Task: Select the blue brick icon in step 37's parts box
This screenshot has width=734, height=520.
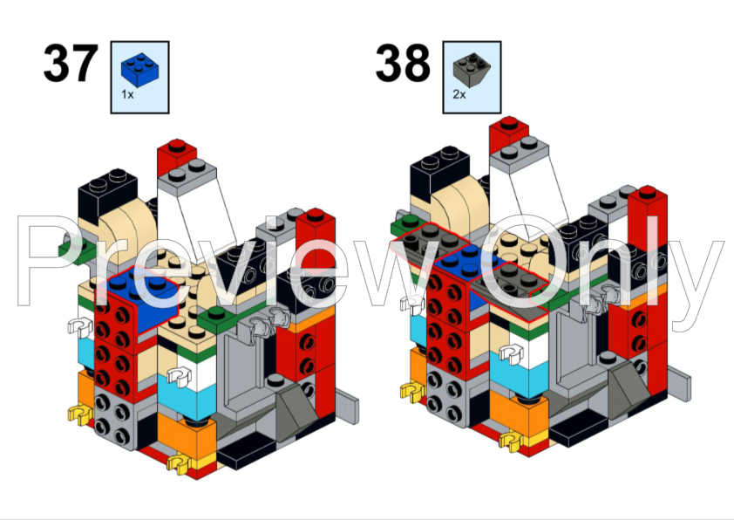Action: (139, 67)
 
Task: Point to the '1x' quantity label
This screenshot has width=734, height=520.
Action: (127, 93)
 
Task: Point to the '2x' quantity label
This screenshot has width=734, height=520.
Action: (459, 93)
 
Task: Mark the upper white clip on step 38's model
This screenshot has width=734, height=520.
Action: (411, 304)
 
